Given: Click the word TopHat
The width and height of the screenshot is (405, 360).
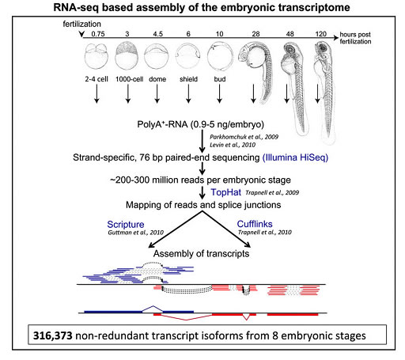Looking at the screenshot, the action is [225, 192].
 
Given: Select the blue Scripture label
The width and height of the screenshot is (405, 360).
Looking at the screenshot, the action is [126, 224].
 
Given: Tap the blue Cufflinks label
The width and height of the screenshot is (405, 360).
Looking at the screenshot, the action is [255, 224].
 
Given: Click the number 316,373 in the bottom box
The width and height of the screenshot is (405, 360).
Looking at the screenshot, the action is [52, 335].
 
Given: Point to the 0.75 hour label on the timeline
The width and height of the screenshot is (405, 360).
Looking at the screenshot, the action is [98, 34].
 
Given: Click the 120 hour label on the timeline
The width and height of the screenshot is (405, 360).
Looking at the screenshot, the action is [321, 34].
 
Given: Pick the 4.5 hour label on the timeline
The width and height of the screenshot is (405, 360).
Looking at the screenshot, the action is [158, 34].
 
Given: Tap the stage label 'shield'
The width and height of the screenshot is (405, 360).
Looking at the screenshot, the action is [188, 79].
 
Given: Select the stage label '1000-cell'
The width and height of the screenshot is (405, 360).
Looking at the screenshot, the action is [130, 79].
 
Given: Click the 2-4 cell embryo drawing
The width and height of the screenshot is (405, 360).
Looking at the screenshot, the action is [97, 56].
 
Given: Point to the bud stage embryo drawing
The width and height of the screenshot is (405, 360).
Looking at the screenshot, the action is [220, 57].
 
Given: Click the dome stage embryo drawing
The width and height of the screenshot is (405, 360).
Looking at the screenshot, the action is [157, 56].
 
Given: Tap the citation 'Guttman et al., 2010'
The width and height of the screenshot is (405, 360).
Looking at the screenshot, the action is [136, 233].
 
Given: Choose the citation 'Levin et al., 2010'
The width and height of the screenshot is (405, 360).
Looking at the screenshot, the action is [233, 145].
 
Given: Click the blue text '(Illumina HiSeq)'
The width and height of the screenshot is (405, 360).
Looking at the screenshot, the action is [295, 157].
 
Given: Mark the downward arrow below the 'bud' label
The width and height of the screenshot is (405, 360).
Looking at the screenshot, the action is [219, 93].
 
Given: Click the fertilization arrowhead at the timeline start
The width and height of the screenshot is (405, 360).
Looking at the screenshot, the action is [81, 34].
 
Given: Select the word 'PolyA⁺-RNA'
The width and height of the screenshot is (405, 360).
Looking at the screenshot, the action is [162, 124].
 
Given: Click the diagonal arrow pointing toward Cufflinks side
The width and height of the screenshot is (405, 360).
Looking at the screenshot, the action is [226, 229].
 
